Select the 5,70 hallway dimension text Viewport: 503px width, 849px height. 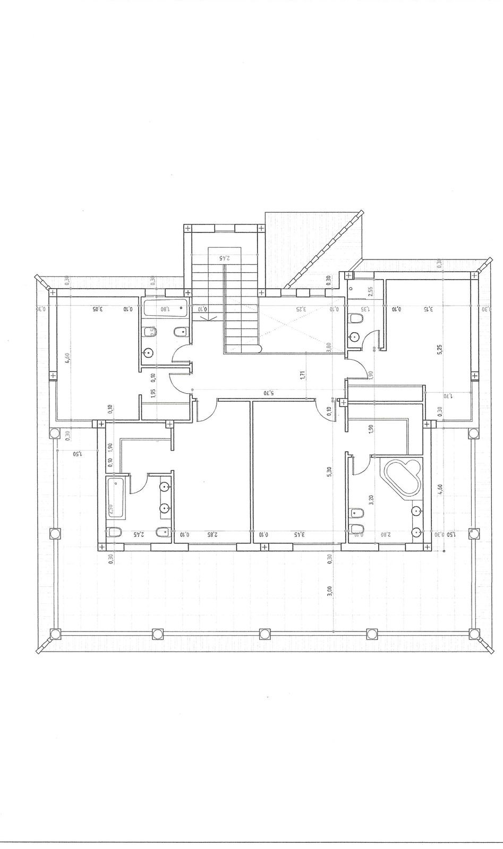point(268,393)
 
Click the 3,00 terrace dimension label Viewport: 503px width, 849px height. point(330,591)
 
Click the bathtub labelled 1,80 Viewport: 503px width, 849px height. point(165,306)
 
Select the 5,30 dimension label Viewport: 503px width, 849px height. point(330,471)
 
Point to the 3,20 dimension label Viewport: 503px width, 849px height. point(370,499)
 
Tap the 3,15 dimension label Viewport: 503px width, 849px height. point(428,308)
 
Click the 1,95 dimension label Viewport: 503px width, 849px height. point(153,393)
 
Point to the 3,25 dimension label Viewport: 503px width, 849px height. point(301,308)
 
